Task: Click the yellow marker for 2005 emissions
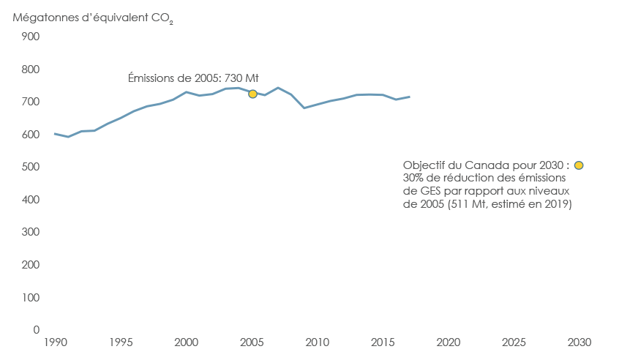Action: (252, 94)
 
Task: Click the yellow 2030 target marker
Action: (579, 165)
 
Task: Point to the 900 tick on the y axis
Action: (30, 37)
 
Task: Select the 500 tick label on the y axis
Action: (30, 167)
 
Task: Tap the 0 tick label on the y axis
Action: (36, 330)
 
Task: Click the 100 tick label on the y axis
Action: (30, 297)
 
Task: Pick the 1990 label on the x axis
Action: (56, 342)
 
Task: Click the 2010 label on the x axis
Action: (317, 342)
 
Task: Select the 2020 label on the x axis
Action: (448, 342)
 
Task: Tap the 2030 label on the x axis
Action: (579, 342)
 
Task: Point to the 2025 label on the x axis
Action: (514, 342)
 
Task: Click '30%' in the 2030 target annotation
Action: (414, 179)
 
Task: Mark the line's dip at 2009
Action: (304, 108)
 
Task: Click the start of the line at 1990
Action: (56, 133)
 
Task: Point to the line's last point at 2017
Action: (409, 97)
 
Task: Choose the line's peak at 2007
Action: (278, 88)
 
